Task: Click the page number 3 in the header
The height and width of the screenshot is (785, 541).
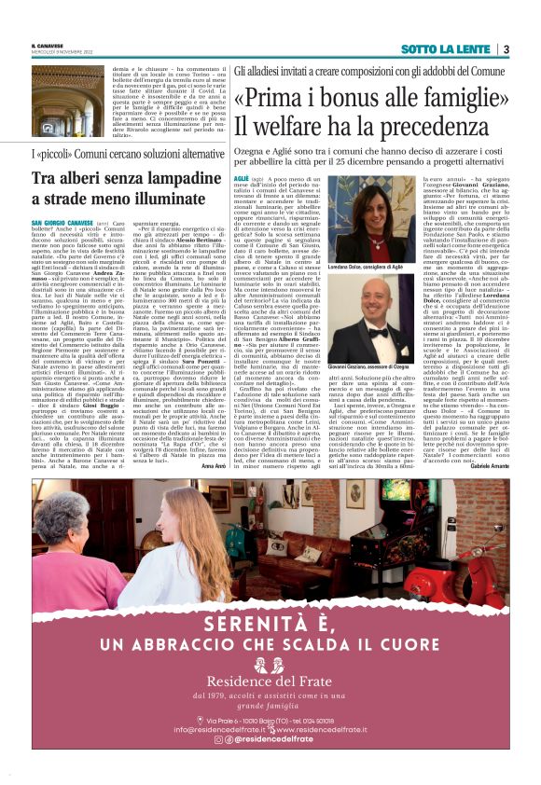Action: (x=505, y=48)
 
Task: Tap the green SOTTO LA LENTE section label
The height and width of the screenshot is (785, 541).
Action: (x=447, y=48)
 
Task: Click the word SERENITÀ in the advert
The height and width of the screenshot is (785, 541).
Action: (x=270, y=624)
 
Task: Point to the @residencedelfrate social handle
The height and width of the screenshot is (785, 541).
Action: (x=274, y=738)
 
